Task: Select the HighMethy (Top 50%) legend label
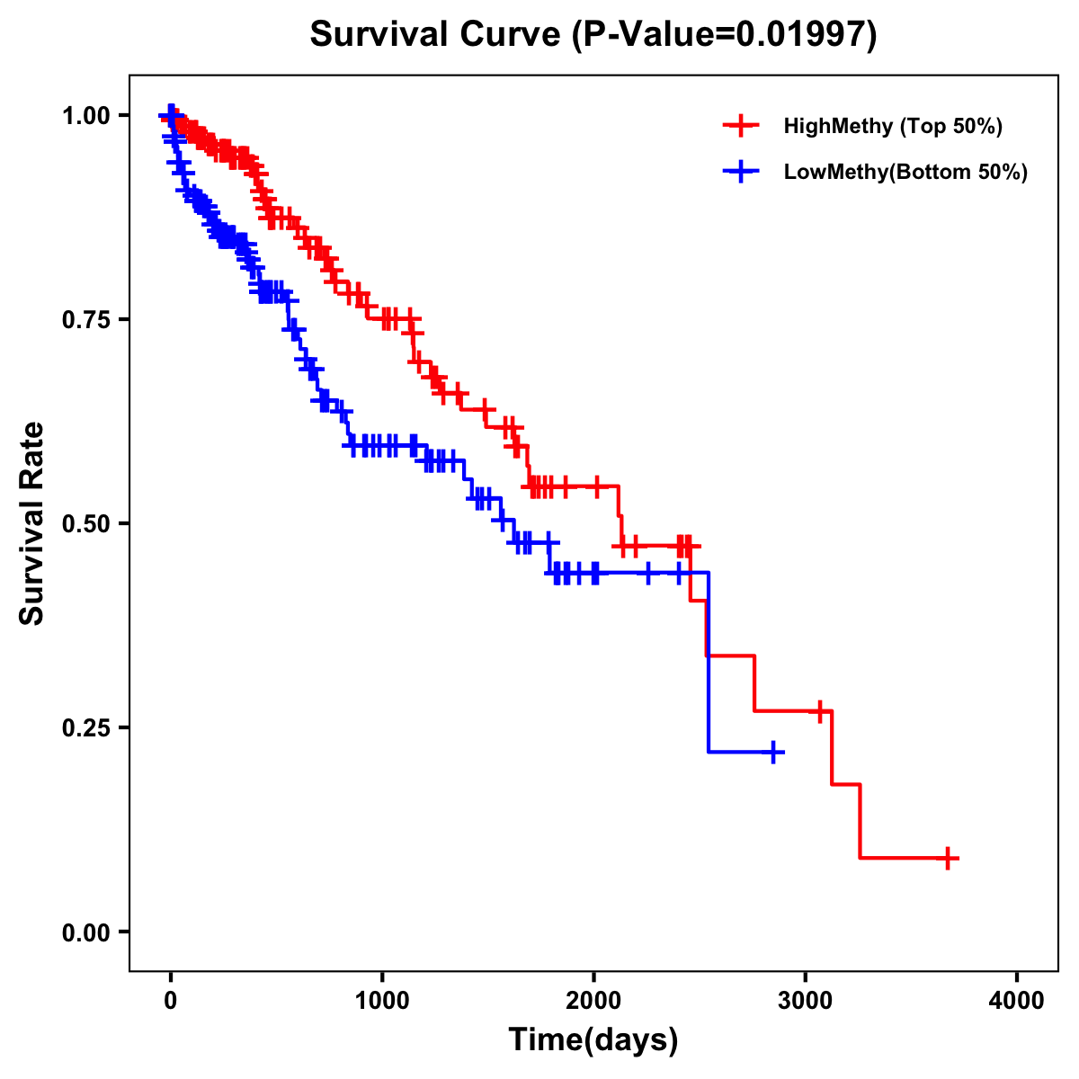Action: point(892,126)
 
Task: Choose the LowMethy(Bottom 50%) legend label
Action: point(905,172)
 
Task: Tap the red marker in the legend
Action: point(740,126)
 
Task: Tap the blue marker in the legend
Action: point(740,172)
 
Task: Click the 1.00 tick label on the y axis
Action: point(86,116)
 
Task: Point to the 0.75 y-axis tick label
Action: point(86,319)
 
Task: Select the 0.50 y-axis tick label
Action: point(86,523)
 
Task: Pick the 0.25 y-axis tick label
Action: point(86,727)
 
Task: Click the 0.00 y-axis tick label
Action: point(86,932)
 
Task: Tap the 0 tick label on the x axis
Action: point(171,1001)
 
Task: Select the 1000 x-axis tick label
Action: point(382,1001)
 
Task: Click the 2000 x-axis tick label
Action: point(593,1001)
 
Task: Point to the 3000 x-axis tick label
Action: point(806,1001)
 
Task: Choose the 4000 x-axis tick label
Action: point(1017,1001)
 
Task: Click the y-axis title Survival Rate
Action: point(32,523)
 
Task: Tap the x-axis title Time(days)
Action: point(593,1040)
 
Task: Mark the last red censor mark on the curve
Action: point(948,858)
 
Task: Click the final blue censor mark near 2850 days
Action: point(773,752)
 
